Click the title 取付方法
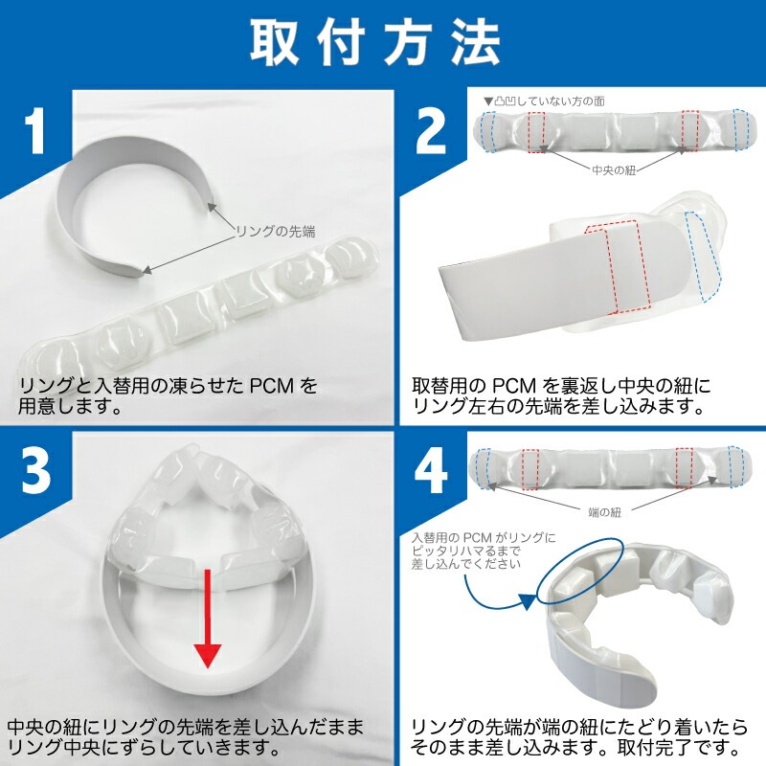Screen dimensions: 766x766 (375, 43)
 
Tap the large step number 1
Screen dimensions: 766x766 (35, 130)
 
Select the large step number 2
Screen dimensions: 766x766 (430, 130)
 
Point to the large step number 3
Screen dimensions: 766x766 (35, 470)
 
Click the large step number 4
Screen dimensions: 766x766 (431, 470)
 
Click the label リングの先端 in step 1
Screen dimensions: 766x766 (276, 231)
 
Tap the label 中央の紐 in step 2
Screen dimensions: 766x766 (614, 170)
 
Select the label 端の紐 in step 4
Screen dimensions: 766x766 (605, 512)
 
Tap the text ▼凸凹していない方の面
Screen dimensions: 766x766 (544, 101)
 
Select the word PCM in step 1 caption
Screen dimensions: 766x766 (272, 387)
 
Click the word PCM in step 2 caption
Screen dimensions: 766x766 (514, 387)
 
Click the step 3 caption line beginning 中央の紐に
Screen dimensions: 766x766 (185, 728)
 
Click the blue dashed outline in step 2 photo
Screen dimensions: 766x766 (704, 257)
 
